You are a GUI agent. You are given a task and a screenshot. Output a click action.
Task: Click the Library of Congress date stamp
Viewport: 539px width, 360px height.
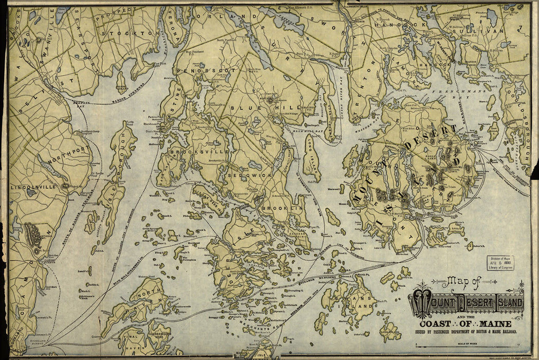(x=501, y=262)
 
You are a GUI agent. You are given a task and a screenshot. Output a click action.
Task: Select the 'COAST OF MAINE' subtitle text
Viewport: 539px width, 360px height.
(x=466, y=323)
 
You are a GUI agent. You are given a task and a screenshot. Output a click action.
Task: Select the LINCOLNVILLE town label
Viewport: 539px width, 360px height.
(x=32, y=187)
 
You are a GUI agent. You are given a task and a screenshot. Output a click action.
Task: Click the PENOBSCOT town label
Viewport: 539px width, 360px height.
(x=206, y=70)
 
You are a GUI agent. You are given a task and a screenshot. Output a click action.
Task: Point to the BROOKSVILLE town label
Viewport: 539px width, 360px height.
(x=192, y=152)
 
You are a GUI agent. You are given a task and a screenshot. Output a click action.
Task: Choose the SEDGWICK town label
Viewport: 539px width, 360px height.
(x=244, y=175)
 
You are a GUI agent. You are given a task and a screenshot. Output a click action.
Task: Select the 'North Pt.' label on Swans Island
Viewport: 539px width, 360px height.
(x=363, y=275)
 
